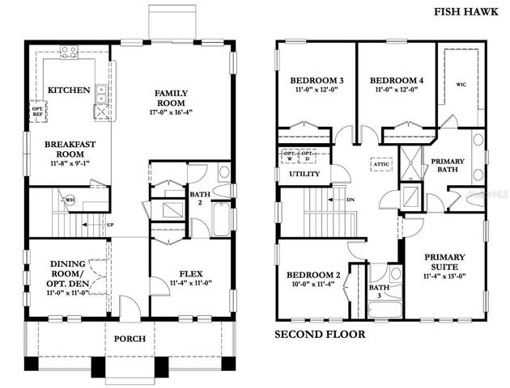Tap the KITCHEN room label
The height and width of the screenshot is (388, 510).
(69, 90)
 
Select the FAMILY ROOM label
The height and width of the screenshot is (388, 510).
(171, 99)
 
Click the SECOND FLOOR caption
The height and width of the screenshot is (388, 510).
(320, 334)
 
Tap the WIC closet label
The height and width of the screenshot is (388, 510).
(461, 83)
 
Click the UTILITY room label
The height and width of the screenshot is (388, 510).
(304, 173)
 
